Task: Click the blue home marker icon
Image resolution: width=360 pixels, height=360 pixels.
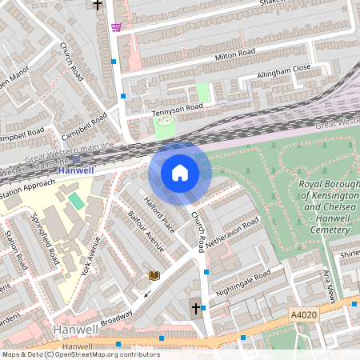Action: [180, 172]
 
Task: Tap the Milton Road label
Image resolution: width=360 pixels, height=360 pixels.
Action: [234, 55]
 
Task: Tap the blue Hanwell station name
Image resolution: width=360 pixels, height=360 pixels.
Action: [76, 170]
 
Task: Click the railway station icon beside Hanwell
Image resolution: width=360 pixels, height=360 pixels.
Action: [76, 158]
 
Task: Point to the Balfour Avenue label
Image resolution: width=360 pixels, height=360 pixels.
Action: [146, 231]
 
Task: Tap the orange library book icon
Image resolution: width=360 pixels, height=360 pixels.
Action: [154, 275]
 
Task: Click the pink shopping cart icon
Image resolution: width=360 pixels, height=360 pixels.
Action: [117, 27]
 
